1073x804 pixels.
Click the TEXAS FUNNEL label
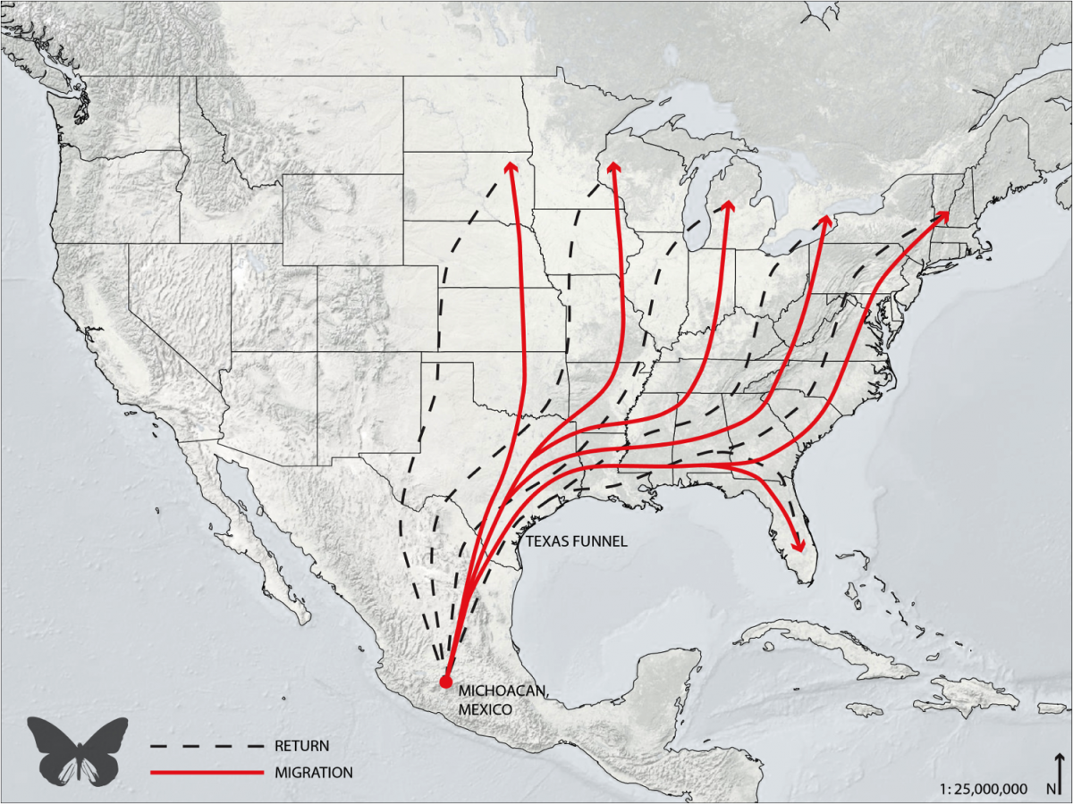click(577, 541)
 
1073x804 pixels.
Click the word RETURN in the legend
click(302, 745)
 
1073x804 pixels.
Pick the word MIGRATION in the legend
click(314, 772)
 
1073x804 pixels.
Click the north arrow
click(1059, 772)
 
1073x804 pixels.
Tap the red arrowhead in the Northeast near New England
click(942, 216)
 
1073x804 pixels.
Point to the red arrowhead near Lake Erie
click(825, 221)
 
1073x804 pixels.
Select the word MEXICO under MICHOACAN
click(486, 708)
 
